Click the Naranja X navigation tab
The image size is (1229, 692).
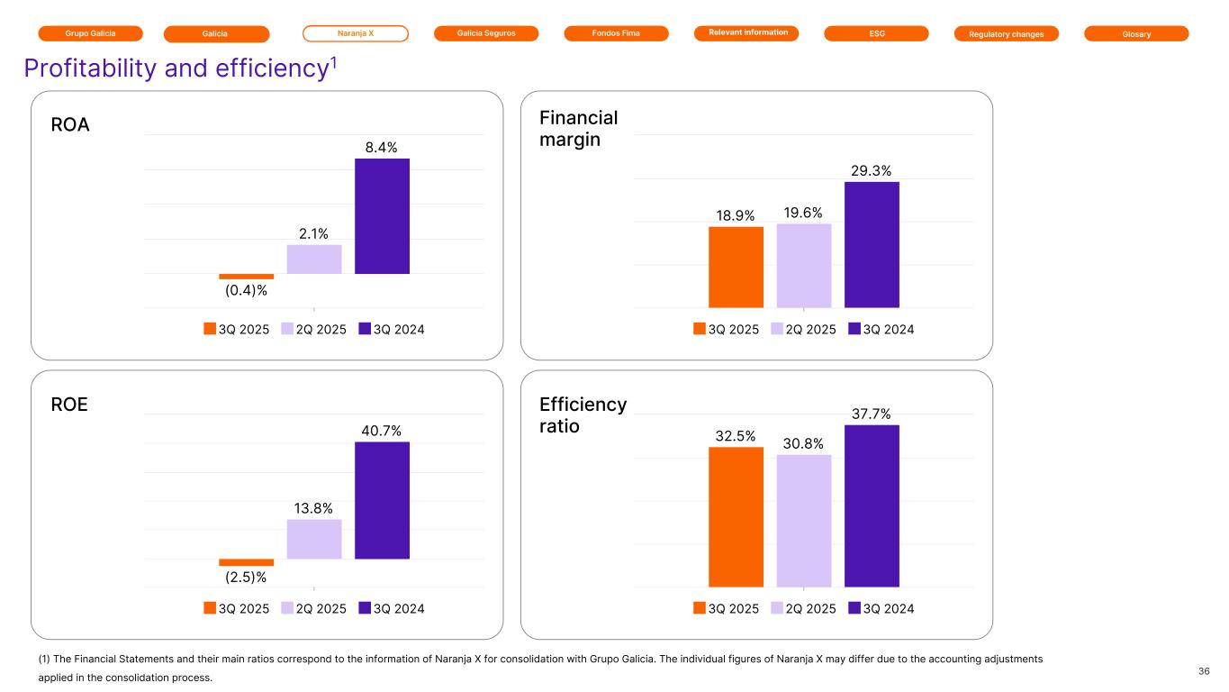pos(355,33)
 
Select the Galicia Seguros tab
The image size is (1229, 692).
pos(486,33)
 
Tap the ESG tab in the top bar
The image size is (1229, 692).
pos(876,33)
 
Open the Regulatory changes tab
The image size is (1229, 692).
pos(1007,33)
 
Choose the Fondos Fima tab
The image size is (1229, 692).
pos(616,33)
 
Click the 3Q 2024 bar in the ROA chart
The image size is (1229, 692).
pos(382,216)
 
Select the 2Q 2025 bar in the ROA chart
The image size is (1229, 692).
pos(314,259)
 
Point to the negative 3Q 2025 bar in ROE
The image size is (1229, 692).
pos(246,562)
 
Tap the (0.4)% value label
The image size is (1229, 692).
pos(246,290)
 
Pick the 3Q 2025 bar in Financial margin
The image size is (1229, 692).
pos(736,267)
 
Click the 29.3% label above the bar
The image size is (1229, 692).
pos(872,170)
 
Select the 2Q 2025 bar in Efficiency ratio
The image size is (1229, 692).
pos(804,521)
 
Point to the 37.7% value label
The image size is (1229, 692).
pos(872,414)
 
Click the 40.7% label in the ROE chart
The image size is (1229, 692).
pos(382,431)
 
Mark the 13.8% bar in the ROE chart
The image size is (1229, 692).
pos(314,539)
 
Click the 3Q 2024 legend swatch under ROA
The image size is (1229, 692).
pos(365,329)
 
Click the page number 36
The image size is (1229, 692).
pos(1204,671)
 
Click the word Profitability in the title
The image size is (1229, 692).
pos(91,68)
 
